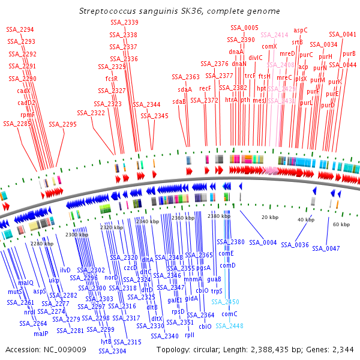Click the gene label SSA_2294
pyautogui.click(x=20, y=29)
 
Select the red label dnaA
pyautogui.click(x=236, y=52)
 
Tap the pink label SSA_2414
pyautogui.click(x=274, y=35)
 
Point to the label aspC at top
pyautogui.click(x=301, y=29)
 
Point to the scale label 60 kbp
pyautogui.click(x=341, y=224)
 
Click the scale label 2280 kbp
pyautogui.click(x=43, y=244)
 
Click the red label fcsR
pyautogui.click(x=112, y=79)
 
